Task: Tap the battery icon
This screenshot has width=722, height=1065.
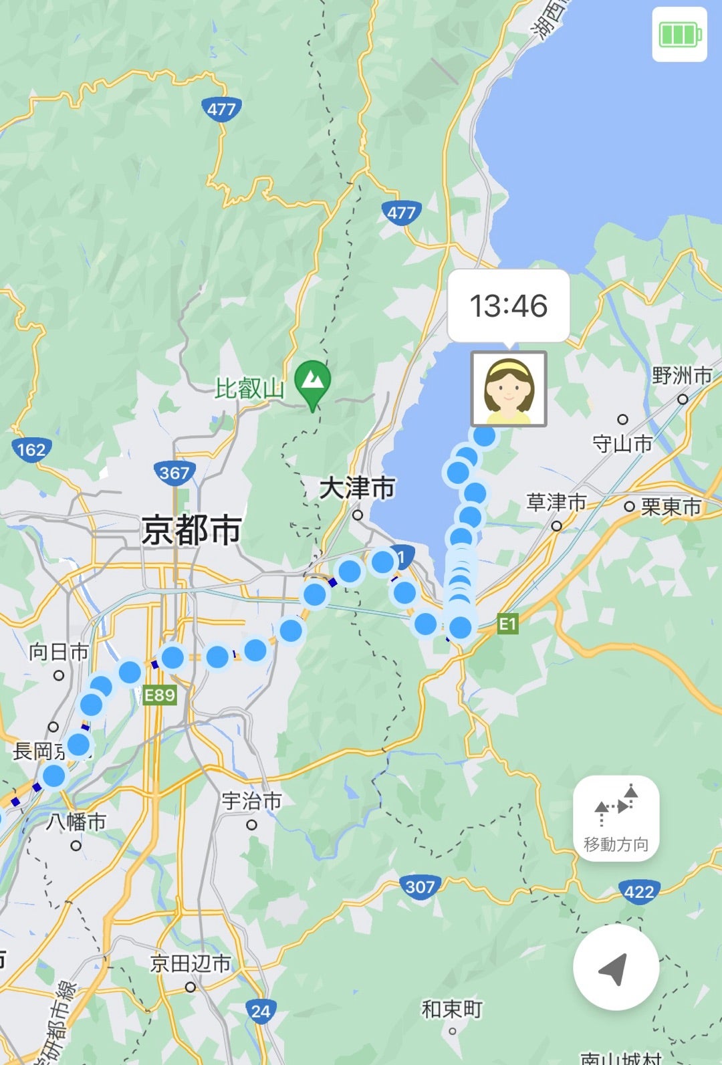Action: pos(679,34)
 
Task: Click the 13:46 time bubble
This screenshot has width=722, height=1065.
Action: pos(508,306)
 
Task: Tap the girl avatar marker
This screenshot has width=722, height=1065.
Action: pos(509,388)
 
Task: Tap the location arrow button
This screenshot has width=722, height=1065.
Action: pos(616,967)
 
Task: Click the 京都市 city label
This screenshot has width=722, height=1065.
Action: pos(191,531)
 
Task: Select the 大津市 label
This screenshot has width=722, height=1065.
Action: pos(357,488)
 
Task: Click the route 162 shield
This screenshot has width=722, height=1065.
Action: pos(31,449)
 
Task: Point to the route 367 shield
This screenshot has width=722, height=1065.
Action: pos(174,473)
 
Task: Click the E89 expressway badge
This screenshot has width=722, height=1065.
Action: pos(159,695)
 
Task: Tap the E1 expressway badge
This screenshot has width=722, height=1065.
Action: pos(507,624)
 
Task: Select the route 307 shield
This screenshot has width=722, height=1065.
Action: pos(420,886)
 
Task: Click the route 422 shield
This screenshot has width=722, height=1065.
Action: pos(639,891)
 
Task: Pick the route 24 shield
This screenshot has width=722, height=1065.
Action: pos(261,1011)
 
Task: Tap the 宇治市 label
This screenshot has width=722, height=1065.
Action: pos(251,800)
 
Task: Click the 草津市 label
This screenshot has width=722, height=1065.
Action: pos(556,502)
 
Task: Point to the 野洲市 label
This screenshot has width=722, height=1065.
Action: pos(682,376)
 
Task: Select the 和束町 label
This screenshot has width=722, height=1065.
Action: pos(452,1009)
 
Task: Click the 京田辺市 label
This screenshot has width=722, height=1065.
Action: pos(191,963)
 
